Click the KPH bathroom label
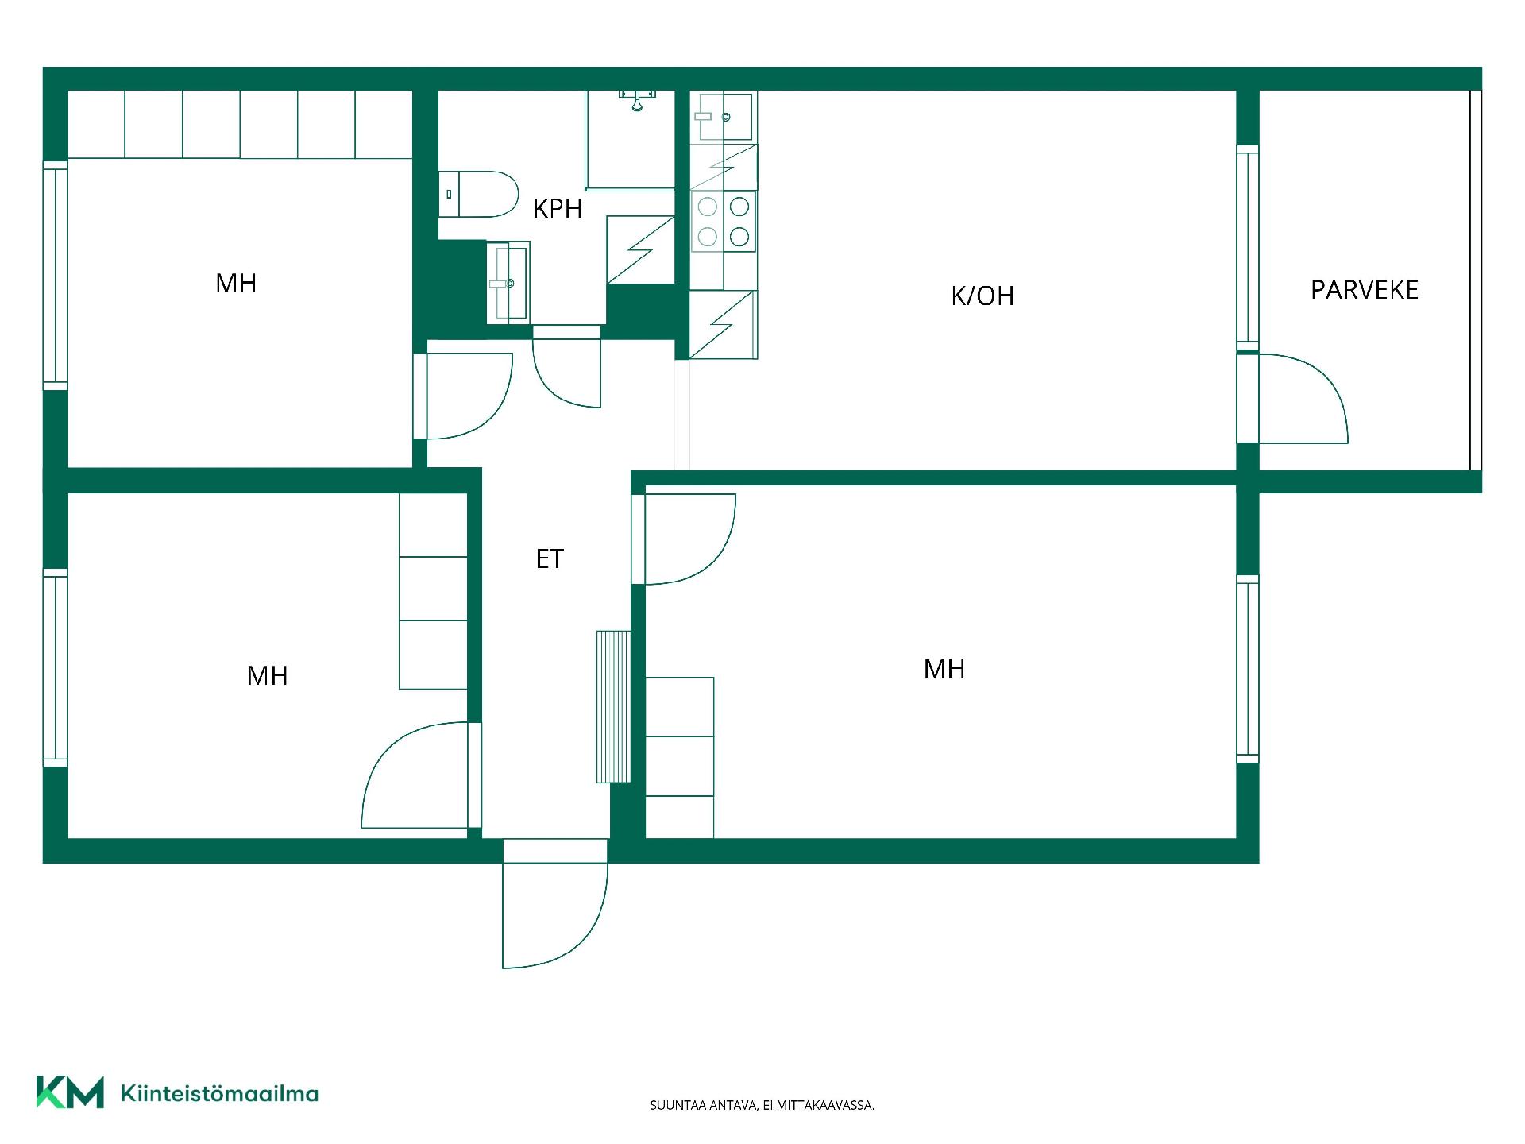tap(558, 209)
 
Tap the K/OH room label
tap(983, 296)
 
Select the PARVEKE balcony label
tap(1365, 290)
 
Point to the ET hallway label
tap(550, 559)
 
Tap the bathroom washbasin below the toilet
tap(508, 282)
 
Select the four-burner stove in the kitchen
tap(723, 222)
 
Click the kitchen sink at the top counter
tap(724, 117)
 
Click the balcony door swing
tap(1303, 398)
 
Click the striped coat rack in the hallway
tap(614, 707)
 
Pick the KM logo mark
tap(70, 1092)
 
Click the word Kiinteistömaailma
tap(219, 1094)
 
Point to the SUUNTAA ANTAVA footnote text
tap(762, 1105)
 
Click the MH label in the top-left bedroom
tap(236, 284)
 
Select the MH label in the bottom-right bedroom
tap(944, 670)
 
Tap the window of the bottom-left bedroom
tap(55, 667)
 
